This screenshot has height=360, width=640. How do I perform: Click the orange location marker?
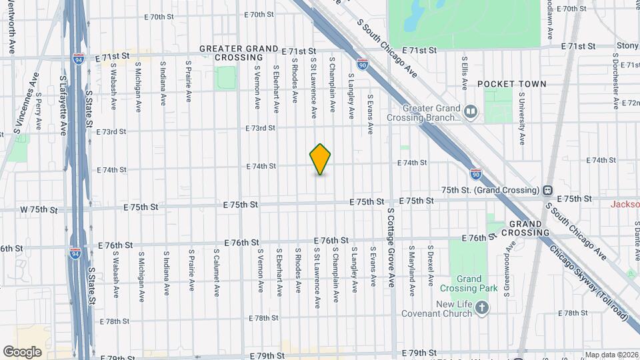320,159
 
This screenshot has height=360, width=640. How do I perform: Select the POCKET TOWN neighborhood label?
511,84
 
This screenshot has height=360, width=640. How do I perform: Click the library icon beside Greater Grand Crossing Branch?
471,111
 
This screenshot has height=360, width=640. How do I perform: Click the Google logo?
23,351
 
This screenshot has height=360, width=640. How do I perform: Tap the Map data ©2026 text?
611,355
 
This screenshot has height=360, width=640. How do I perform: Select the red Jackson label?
625,203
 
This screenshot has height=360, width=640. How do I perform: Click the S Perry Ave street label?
39,111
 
